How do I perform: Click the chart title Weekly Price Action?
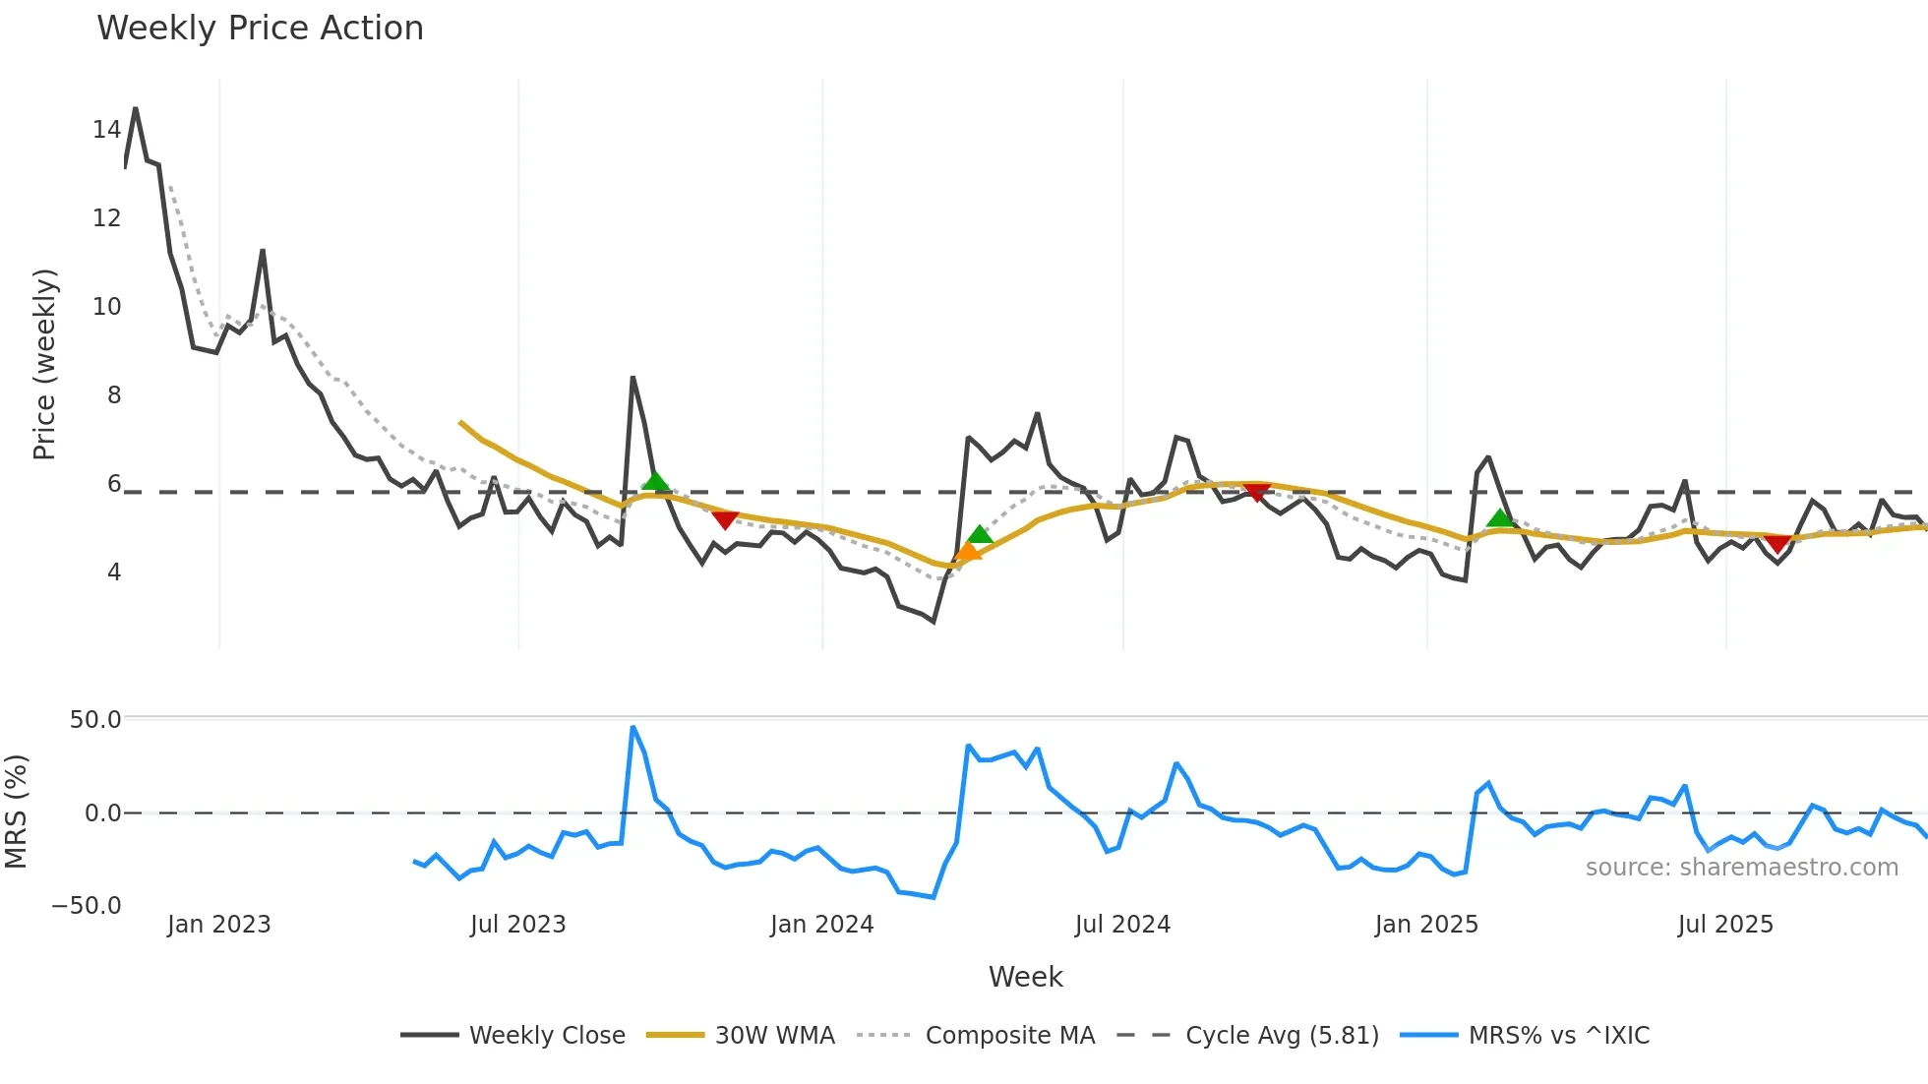click(260, 28)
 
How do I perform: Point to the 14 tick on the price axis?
click(106, 129)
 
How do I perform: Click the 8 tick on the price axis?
click(114, 394)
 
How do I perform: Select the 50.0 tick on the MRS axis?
click(95, 719)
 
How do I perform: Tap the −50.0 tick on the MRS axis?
click(87, 905)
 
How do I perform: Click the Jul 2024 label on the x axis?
click(1122, 925)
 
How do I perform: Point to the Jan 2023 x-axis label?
click(218, 925)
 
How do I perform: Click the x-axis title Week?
click(1025, 977)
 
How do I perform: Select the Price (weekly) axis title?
click(44, 364)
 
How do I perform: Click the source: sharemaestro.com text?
click(1741, 867)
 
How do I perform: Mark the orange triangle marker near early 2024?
click(968, 552)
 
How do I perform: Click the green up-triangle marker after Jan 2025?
click(1499, 517)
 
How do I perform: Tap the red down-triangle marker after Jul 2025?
click(1777, 544)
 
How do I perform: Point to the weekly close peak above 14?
click(135, 108)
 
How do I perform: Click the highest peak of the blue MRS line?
click(633, 728)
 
